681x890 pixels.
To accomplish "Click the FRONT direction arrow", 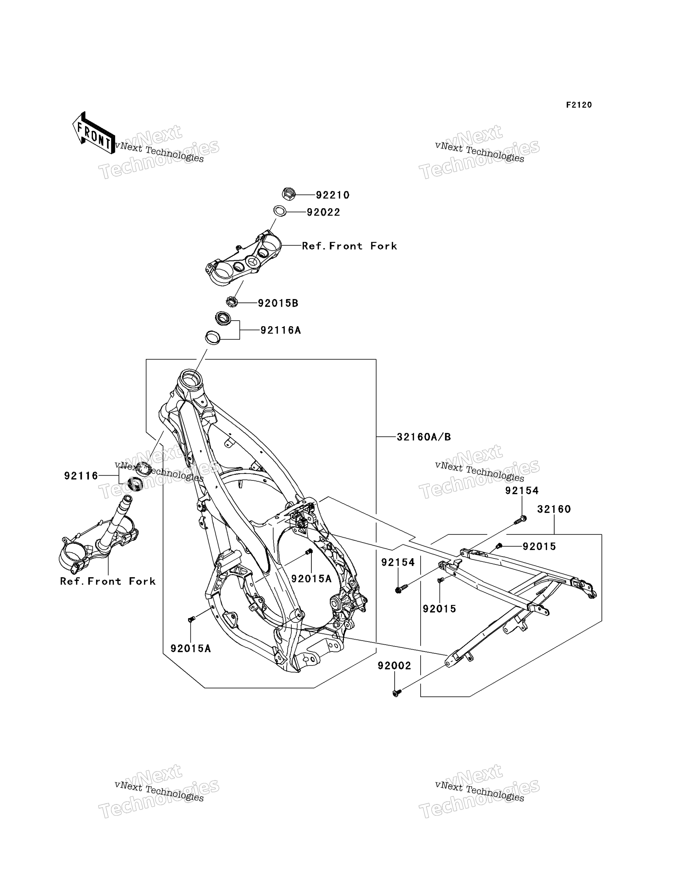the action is [94, 133].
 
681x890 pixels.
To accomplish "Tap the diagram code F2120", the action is [579, 105].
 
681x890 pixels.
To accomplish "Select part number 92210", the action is [332, 195].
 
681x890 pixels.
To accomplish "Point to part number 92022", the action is [323, 212].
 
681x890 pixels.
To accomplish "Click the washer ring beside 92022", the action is [280, 211].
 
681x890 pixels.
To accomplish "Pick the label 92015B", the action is [278, 303].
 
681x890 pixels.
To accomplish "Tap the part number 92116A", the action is [281, 330].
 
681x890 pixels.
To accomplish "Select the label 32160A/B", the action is [423, 437].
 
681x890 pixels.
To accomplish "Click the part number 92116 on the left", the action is [81, 476].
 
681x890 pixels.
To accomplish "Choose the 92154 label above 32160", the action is [522, 490].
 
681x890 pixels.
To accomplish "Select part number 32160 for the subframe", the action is [554, 509].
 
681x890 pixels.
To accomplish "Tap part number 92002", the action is [395, 666].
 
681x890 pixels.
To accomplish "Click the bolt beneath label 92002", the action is [397, 693].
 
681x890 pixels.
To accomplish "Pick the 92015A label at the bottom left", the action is [190, 648].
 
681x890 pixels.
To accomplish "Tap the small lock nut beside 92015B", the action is [231, 301].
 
